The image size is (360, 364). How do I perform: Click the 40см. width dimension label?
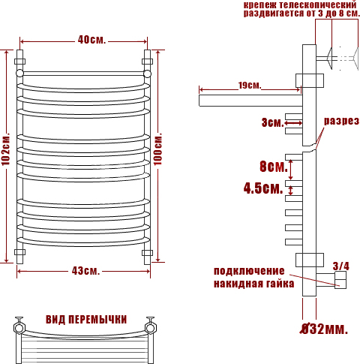[91, 40]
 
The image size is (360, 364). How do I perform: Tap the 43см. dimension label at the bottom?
[85, 271]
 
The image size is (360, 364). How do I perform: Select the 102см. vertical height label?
[6, 150]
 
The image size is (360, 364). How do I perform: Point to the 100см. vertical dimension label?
[157, 150]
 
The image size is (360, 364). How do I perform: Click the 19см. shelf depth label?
[250, 86]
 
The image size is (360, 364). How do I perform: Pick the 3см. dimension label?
[272, 122]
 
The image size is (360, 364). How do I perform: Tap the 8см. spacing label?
[274, 167]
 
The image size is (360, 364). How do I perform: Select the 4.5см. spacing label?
[263, 188]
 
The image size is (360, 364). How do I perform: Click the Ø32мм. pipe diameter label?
[324, 329]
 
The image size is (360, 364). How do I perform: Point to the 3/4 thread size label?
[341, 266]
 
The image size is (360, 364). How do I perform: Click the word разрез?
[341, 121]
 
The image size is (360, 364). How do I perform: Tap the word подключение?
[249, 271]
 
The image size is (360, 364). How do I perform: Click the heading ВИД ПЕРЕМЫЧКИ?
[86, 320]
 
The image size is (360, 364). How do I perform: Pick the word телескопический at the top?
[318, 5]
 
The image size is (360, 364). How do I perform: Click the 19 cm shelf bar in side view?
[250, 101]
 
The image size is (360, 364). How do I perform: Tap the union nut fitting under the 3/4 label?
[340, 280]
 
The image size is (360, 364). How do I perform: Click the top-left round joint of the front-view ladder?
[19, 73]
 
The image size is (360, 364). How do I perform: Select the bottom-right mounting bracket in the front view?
[147, 252]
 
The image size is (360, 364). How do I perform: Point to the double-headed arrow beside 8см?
[290, 170]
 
